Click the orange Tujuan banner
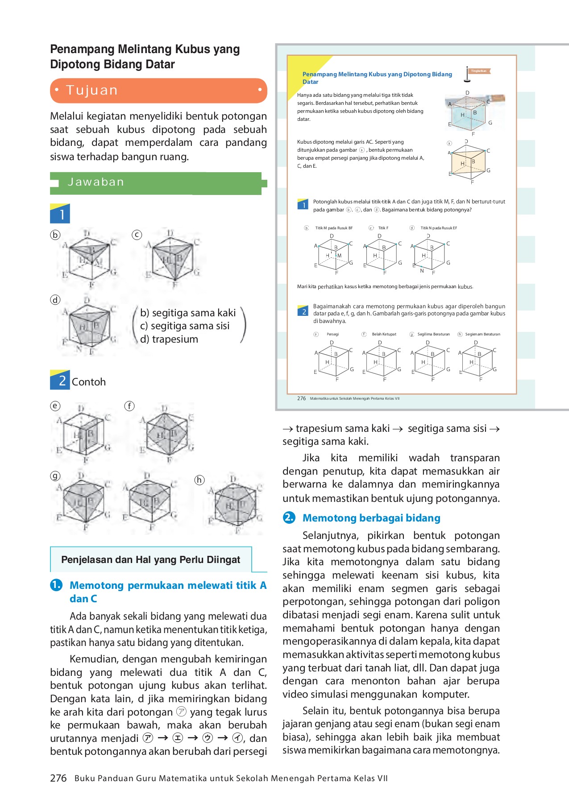click(x=158, y=91)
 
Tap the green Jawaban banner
click(x=156, y=182)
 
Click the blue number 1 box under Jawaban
click(x=60, y=214)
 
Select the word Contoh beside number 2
click(x=89, y=382)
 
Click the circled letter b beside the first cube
click(x=55, y=235)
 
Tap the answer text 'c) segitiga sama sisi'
click(x=185, y=326)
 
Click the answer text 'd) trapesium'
click(x=169, y=339)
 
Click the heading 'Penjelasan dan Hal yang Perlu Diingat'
click(x=151, y=560)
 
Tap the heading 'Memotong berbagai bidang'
click(x=371, y=518)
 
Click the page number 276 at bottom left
click(x=58, y=778)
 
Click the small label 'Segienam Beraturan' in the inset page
click(x=482, y=334)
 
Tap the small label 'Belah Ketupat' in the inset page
click(x=384, y=334)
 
